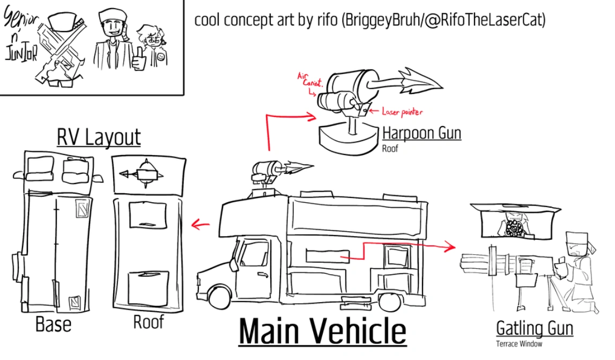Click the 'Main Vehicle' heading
tap(322, 332)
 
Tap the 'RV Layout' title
tap(99, 137)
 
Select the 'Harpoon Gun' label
tap(421, 133)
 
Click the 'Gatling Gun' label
tap(534, 327)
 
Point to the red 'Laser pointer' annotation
tap(402, 112)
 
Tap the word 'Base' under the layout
tap(53, 324)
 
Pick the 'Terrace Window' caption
tap(518, 344)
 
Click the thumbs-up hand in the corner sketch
tap(139, 58)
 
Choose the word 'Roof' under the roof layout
tap(149, 322)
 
